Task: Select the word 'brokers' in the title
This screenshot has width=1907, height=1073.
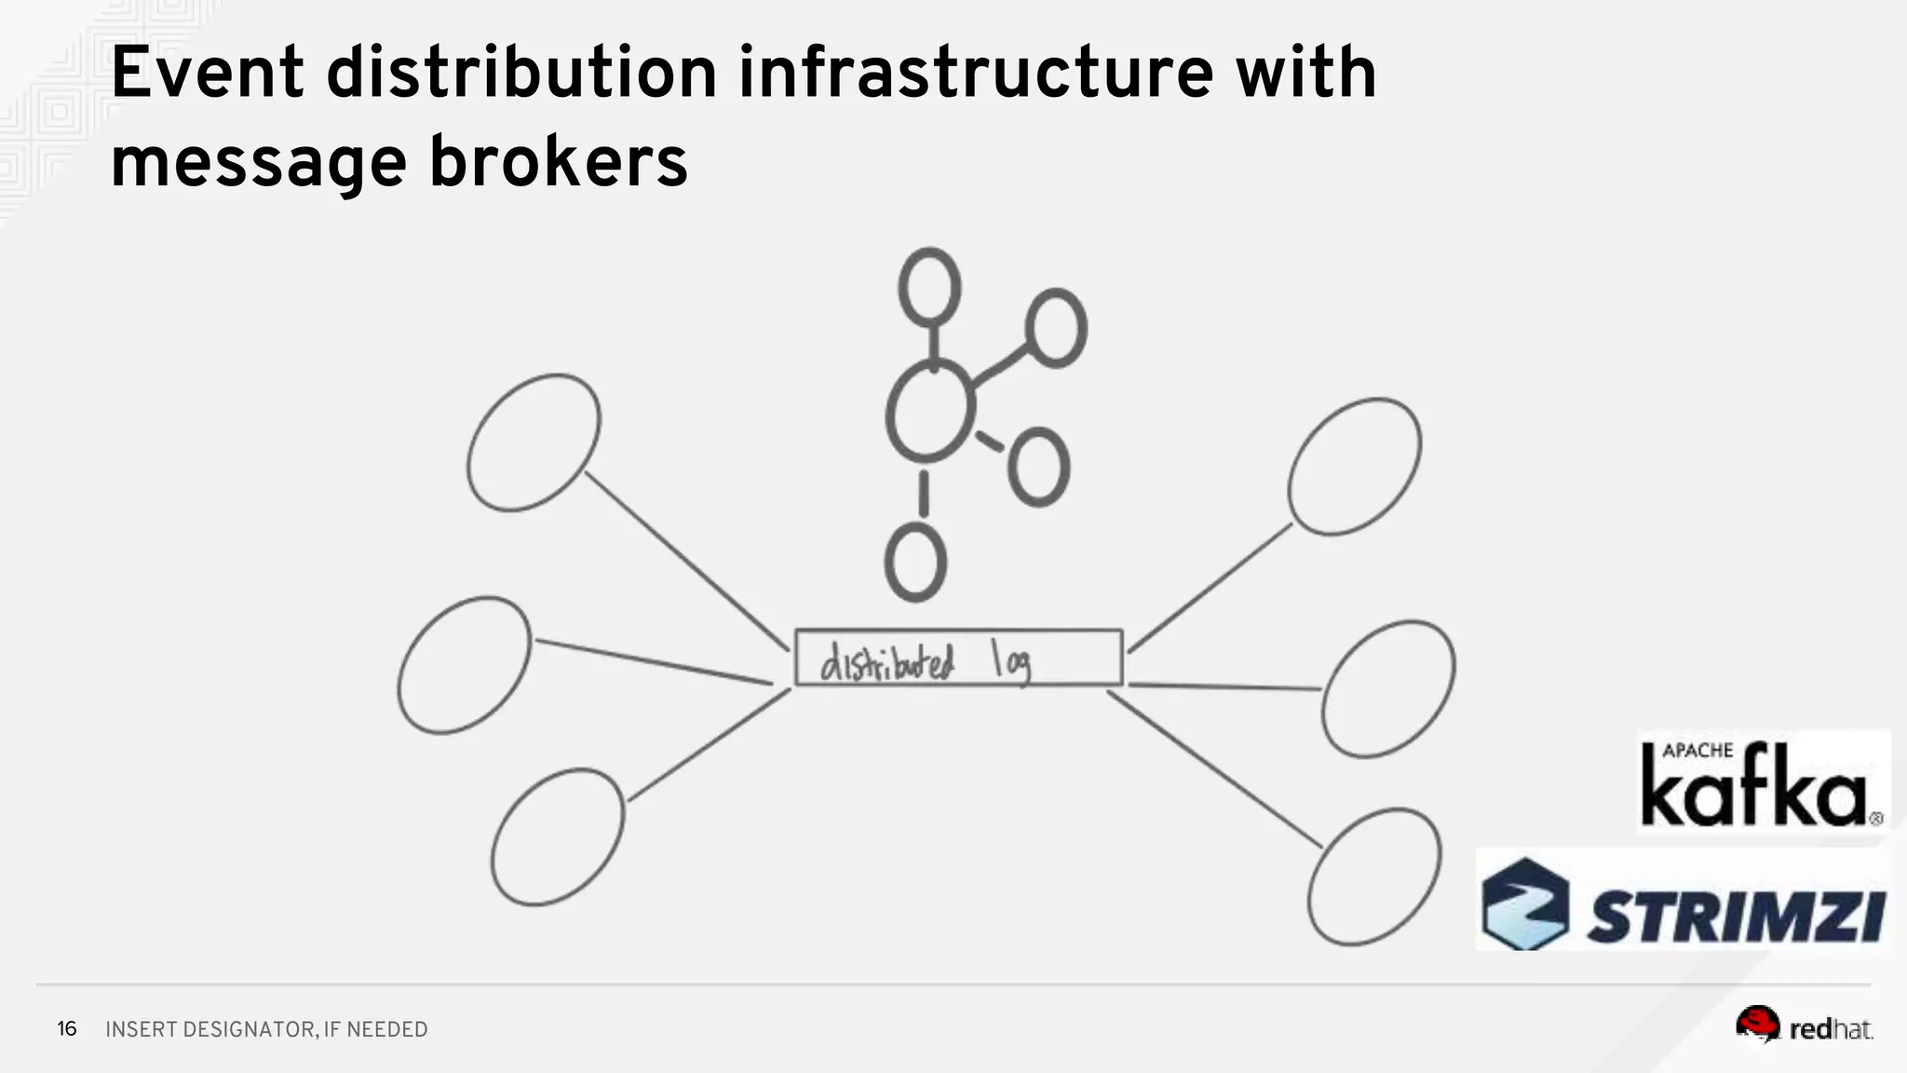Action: coord(558,162)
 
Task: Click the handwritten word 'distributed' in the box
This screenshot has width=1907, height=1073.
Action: coord(886,662)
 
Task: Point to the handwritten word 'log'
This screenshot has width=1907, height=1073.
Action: coord(1012,662)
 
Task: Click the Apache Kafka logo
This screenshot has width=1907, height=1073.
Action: coord(1763,782)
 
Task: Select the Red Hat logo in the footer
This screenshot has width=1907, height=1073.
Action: coord(1804,1026)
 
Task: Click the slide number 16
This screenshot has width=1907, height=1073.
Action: coord(67,1028)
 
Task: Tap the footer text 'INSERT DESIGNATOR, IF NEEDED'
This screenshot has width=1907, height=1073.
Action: coord(266,1029)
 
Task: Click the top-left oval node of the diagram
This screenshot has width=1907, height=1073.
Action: coord(534,442)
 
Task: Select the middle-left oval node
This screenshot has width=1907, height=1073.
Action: coord(464,665)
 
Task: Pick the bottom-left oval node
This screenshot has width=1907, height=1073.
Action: coord(558,836)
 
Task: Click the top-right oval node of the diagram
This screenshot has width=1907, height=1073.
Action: coord(1355,467)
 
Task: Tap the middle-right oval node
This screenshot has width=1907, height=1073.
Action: coord(1388,688)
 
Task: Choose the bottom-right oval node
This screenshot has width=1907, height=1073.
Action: coord(1374,876)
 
